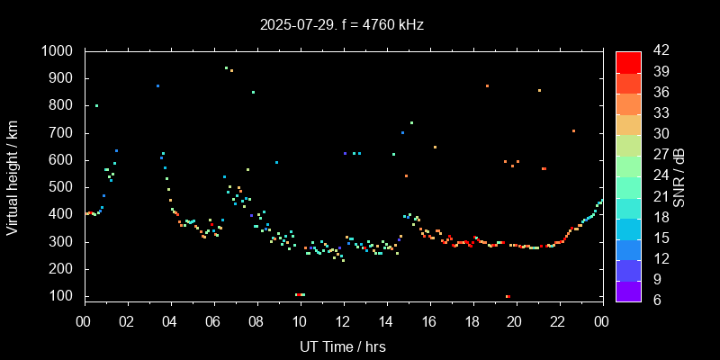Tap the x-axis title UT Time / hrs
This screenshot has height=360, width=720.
[x=343, y=346]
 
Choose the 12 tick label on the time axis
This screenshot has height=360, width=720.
[x=343, y=321]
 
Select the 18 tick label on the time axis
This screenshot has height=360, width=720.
[x=472, y=321]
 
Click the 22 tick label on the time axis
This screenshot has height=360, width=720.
[x=558, y=321]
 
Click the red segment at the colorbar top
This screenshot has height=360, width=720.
[x=628, y=61]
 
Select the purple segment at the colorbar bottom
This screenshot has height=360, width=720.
[x=628, y=291]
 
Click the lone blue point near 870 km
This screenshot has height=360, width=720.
[x=157, y=86]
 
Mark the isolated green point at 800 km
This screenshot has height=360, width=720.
[x=96, y=105]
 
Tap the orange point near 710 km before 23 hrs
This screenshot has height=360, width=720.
[x=573, y=130]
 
